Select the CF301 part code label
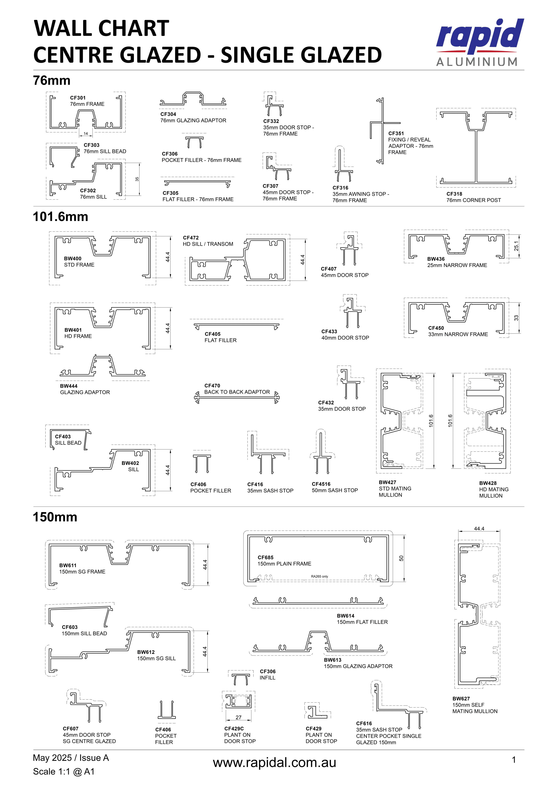coord(78,98)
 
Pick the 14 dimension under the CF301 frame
coord(86,133)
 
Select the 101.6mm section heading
coord(60,217)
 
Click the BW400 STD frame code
coord(73,258)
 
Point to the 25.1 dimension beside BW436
coord(516,246)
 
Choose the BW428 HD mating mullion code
coord(488,483)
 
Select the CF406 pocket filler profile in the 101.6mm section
coord(202,464)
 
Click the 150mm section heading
coord(55,517)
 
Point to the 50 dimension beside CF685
coord(401,558)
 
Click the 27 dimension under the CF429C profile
coord(238,717)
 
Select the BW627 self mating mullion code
coord(461,699)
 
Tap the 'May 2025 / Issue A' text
coord(71,758)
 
